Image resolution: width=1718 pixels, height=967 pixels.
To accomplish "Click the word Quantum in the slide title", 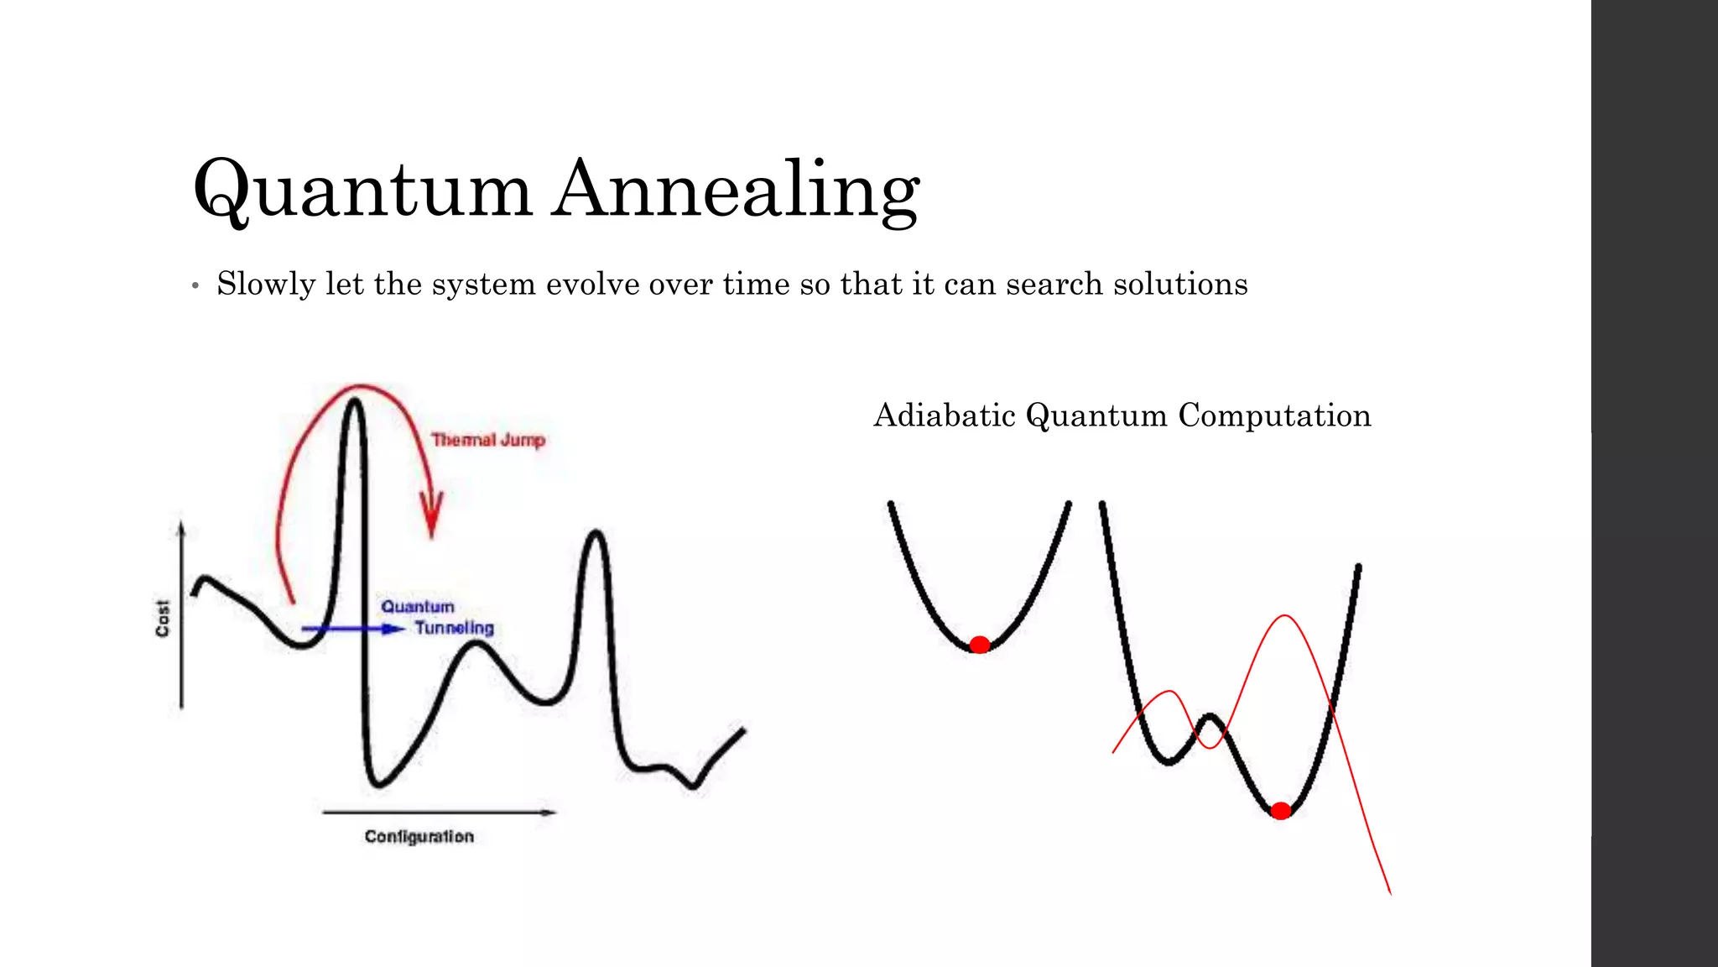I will pyautogui.click(x=362, y=190).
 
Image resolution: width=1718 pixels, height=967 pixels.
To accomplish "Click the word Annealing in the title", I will pyautogui.click(x=737, y=190).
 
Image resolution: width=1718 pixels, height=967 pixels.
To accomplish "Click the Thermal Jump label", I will pyautogui.click(x=488, y=440).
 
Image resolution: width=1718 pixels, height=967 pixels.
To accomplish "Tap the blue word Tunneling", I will pyautogui.click(x=454, y=628).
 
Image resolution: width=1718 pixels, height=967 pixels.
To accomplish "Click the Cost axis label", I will pyautogui.click(x=163, y=618).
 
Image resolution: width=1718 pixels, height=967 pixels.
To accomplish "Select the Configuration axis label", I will pyautogui.click(x=419, y=837).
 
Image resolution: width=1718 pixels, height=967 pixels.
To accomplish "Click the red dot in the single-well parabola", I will pyautogui.click(x=979, y=645).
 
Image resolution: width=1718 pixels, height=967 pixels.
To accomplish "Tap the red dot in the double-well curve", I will pyautogui.click(x=1280, y=811).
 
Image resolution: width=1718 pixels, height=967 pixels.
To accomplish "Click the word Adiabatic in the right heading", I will pyautogui.click(x=945, y=416).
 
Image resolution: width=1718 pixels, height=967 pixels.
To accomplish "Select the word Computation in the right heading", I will pyautogui.click(x=1274, y=416).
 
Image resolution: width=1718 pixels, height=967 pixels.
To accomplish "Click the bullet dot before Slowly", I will pyautogui.click(x=195, y=286).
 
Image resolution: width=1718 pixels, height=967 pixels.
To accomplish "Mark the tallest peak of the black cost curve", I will pyautogui.click(x=355, y=403).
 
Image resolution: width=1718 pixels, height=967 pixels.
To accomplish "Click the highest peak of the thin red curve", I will pyautogui.click(x=1284, y=617).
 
